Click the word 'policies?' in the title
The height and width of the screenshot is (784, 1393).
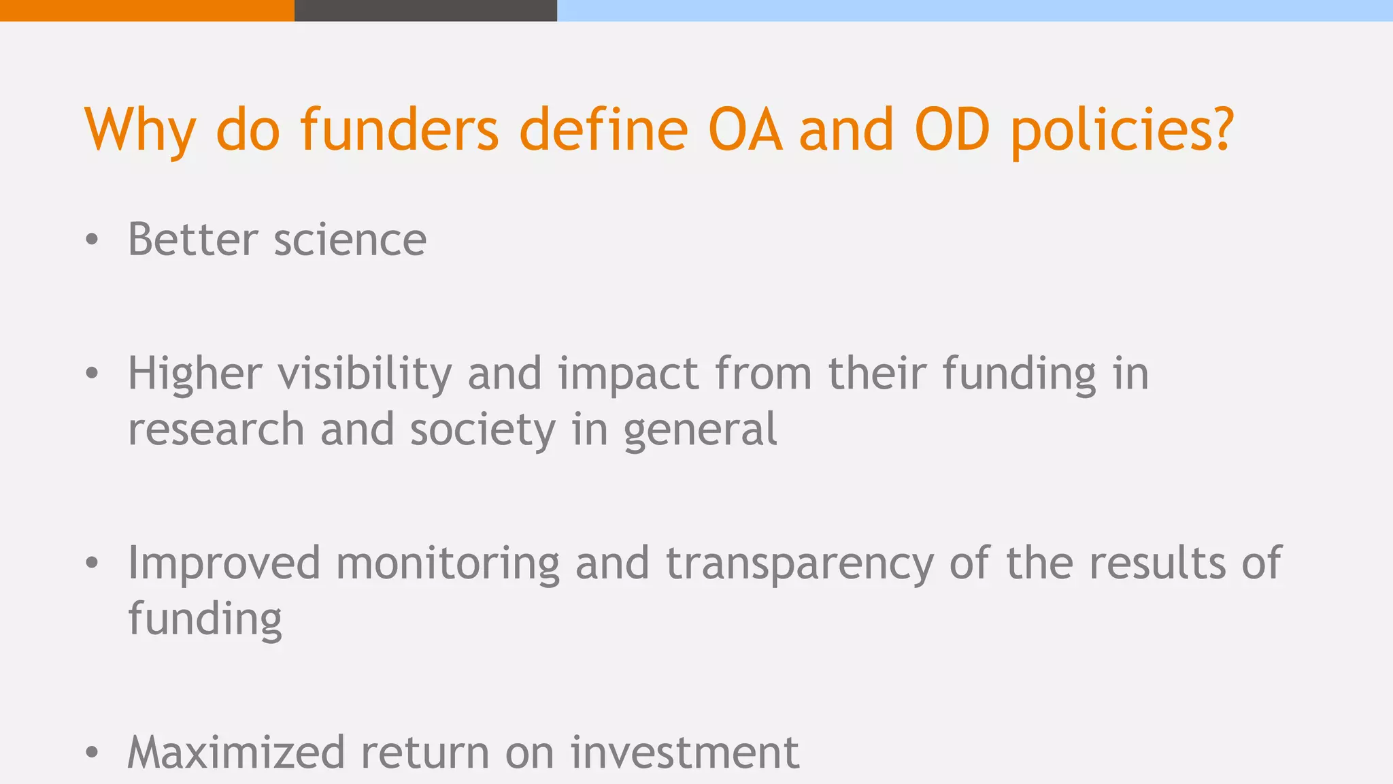(1122, 131)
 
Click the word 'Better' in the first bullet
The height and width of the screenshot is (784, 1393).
(193, 240)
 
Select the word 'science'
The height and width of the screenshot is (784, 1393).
(350, 241)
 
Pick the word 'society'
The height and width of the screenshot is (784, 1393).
(482, 430)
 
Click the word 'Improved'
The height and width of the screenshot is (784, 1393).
(224, 564)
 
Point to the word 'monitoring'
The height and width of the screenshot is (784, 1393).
(448, 564)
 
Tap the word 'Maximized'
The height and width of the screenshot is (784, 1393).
(236, 753)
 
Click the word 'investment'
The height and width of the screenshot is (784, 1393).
(684, 753)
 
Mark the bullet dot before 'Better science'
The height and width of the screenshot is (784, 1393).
(93, 240)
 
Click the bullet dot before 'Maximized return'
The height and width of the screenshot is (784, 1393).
(93, 753)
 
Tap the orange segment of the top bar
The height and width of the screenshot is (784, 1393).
(147, 10)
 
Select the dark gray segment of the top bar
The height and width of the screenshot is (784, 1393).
(426, 10)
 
